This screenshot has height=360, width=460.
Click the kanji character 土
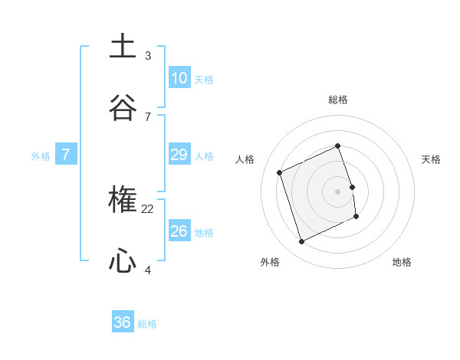(123, 46)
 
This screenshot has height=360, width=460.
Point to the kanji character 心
(123, 262)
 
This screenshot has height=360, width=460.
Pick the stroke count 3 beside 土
(148, 55)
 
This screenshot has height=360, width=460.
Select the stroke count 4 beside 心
(148, 270)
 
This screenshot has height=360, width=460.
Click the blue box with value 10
(179, 77)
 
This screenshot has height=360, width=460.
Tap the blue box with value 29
(179, 155)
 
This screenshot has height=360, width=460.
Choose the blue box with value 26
(179, 231)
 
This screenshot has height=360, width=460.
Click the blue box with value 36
(123, 322)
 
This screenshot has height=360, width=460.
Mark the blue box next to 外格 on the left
(66, 155)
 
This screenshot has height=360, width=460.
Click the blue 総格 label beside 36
(147, 324)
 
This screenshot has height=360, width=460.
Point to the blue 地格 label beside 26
(204, 232)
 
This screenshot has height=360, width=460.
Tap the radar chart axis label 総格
(338, 100)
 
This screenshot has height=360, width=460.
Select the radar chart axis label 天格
(431, 159)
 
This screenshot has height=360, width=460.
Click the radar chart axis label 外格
(270, 262)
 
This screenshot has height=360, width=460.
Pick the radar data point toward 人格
(280, 172)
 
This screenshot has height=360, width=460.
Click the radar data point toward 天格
(352, 187)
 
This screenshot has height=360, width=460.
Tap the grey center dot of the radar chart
(338, 191)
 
